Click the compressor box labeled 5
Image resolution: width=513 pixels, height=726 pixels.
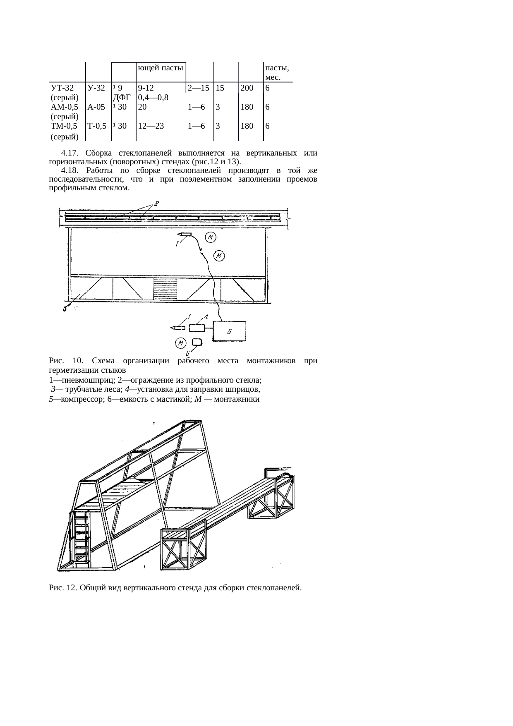tap(229, 331)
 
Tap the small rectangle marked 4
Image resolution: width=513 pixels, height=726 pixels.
tap(197, 328)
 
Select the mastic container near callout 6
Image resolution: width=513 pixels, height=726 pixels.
tap(197, 342)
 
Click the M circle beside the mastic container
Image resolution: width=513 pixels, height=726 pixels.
tap(180, 343)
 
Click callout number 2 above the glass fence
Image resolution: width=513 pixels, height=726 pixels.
tap(156, 203)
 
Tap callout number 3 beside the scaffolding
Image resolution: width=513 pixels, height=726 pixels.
tap(65, 308)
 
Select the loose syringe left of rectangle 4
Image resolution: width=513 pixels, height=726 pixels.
tap(178, 328)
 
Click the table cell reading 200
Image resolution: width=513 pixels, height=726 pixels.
tap(247, 88)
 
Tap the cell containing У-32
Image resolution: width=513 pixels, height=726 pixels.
tap(96, 88)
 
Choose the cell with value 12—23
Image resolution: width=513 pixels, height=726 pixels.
tap(151, 126)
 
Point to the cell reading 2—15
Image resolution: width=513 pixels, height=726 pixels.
tap(197, 88)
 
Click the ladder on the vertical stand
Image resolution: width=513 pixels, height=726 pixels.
tap(81, 538)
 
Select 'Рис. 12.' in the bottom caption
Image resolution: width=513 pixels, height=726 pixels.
tap(62, 588)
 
